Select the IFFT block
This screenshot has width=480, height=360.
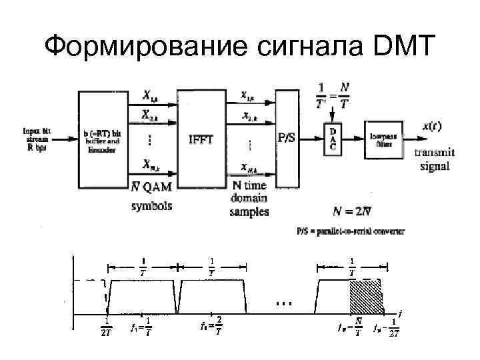(202, 139)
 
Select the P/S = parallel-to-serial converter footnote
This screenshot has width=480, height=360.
(351, 231)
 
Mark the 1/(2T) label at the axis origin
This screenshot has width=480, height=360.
(106, 326)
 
